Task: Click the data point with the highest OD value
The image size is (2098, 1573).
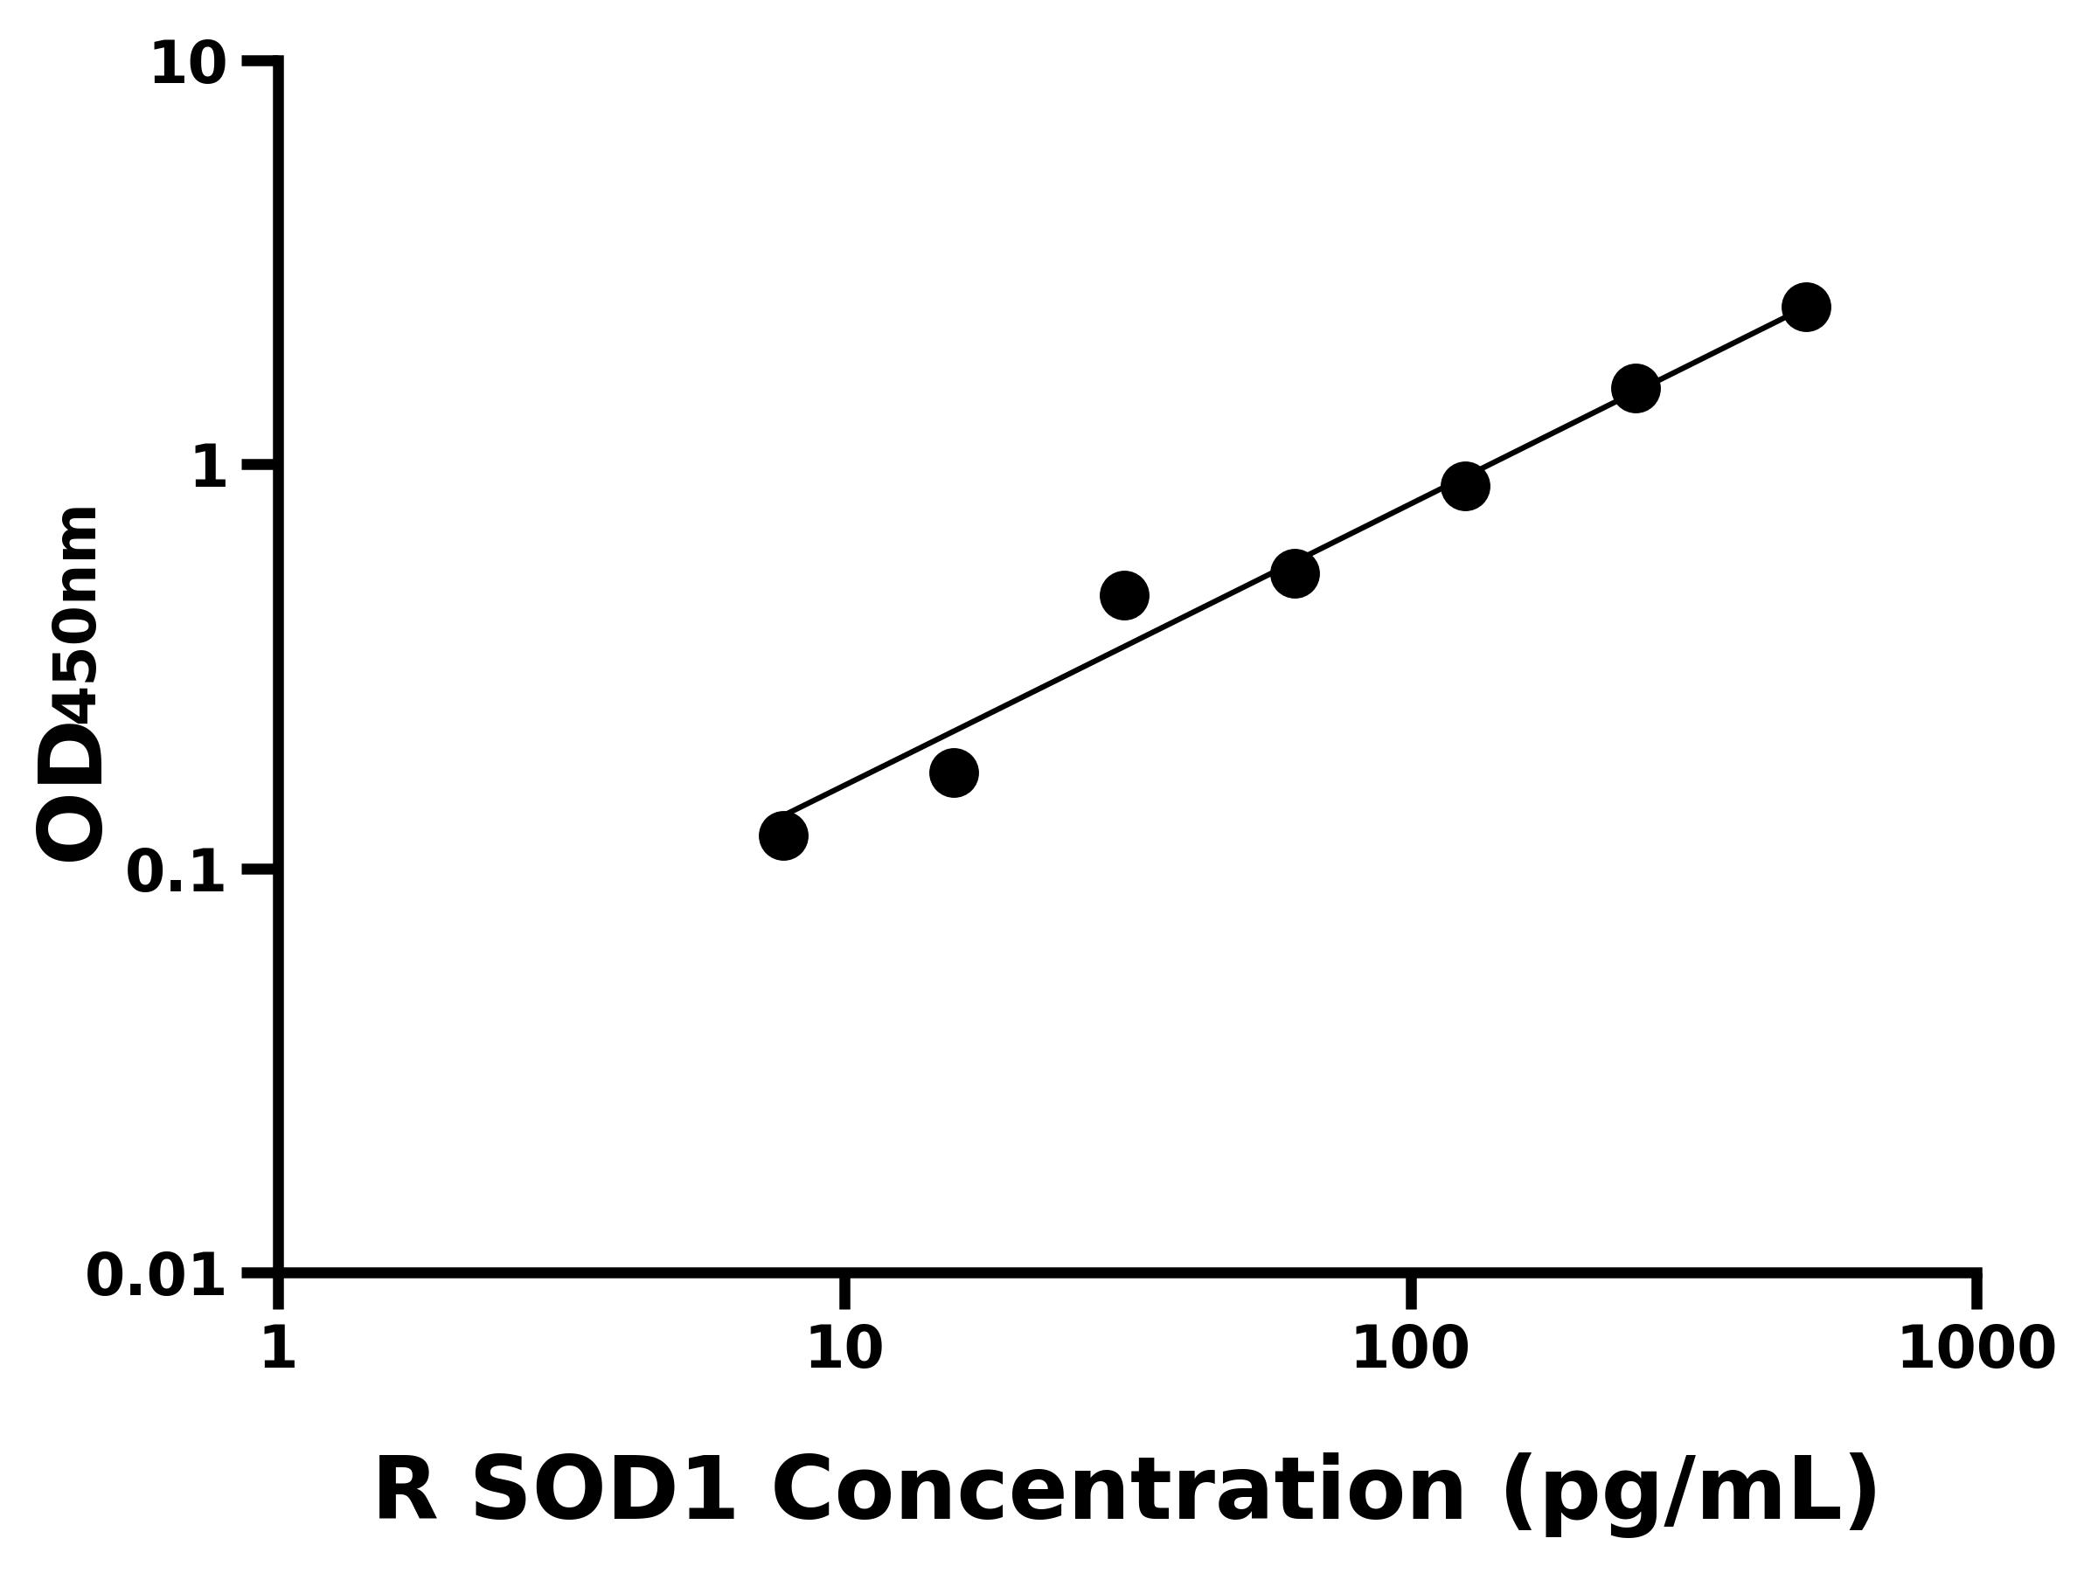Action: [x=1806, y=308]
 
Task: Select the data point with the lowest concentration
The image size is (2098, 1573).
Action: [x=783, y=835]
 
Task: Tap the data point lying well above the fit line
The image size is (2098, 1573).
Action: [x=1125, y=595]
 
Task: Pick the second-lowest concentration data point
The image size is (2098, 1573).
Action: [x=955, y=773]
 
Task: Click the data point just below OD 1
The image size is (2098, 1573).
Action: [x=1465, y=487]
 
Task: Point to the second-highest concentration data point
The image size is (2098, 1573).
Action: [x=1636, y=388]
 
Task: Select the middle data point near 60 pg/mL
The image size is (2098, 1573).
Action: [x=1295, y=572]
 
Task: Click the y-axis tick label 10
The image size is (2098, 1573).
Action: [x=189, y=66]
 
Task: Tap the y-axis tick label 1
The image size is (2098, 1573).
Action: [x=210, y=468]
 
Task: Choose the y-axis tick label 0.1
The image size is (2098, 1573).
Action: [x=177, y=872]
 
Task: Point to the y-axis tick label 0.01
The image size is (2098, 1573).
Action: [x=156, y=1276]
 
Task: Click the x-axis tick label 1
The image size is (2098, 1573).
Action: [x=279, y=1348]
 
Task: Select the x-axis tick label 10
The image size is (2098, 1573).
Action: [x=844, y=1348]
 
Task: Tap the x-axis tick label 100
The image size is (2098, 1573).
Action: [x=1410, y=1348]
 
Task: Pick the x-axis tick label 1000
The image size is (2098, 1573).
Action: [x=1976, y=1348]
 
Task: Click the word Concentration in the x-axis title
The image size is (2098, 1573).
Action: [x=1119, y=1491]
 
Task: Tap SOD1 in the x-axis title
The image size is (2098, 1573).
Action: [x=603, y=1491]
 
